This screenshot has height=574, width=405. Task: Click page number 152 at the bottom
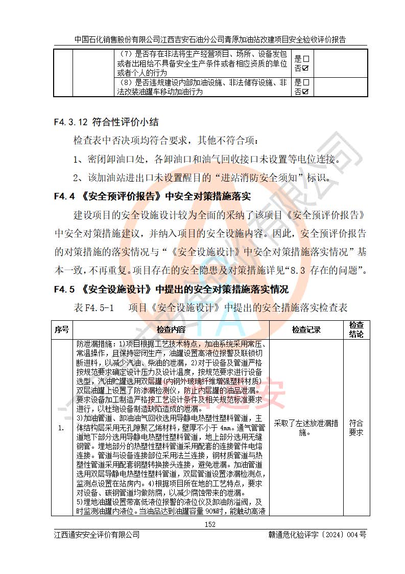pyautogui.click(x=210, y=524)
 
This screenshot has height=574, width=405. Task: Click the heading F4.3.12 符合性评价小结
pyautogui.click(x=106, y=122)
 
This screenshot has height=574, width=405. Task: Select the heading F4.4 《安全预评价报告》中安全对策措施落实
pyautogui.click(x=153, y=196)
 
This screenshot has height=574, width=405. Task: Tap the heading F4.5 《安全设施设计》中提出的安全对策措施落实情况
pyautogui.click(x=171, y=289)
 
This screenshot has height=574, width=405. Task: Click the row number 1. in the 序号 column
pyautogui.click(x=61, y=428)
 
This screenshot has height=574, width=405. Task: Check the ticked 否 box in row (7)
pyautogui.click(x=305, y=68)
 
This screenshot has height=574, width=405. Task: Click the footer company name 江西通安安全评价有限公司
pyautogui.click(x=97, y=535)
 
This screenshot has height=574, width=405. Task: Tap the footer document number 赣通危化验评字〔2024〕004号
pyautogui.click(x=317, y=535)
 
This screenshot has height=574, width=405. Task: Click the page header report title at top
pyautogui.click(x=210, y=39)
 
